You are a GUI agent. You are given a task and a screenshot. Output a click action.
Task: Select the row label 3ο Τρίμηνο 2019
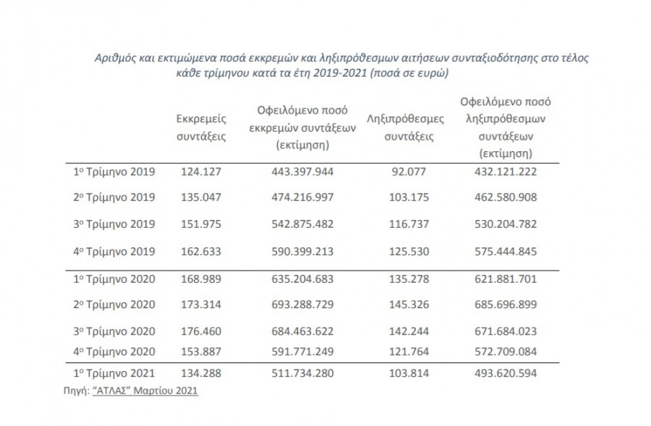pyautogui.click(x=114, y=223)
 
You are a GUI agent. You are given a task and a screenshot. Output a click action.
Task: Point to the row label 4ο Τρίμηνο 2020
pyautogui.click(x=114, y=352)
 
